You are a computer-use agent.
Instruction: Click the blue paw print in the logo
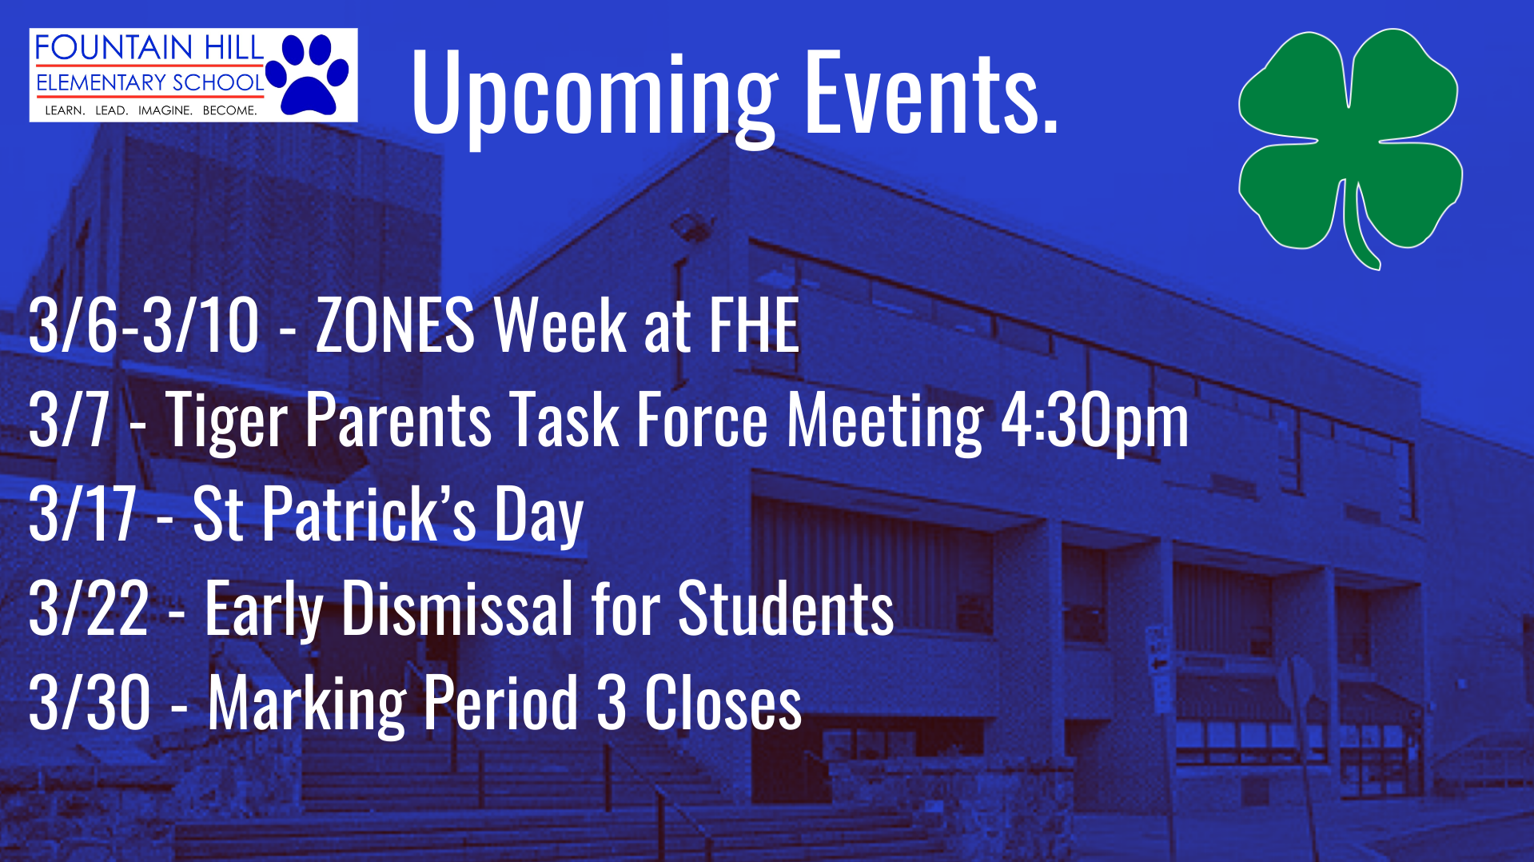[x=308, y=74]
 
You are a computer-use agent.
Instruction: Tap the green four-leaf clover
[x=1350, y=148]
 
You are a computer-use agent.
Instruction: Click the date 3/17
[x=82, y=513]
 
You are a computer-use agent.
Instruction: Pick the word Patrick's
[x=369, y=513]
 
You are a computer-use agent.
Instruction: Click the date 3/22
[x=89, y=609]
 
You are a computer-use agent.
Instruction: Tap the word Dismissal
[x=457, y=609]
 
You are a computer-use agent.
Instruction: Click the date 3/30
[x=90, y=702]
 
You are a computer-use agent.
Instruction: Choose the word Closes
[x=723, y=702]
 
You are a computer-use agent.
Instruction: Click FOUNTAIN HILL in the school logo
[x=149, y=48]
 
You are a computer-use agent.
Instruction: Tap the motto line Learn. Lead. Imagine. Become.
[x=151, y=110]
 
